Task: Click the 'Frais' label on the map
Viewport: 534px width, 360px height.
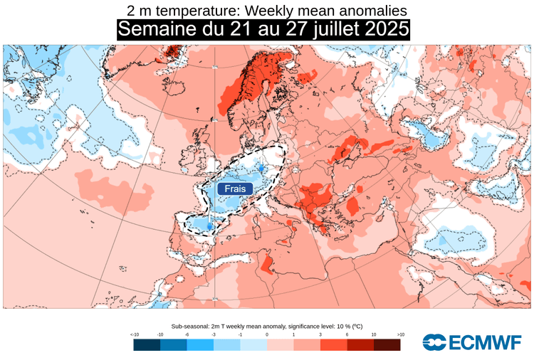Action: [x=234, y=189]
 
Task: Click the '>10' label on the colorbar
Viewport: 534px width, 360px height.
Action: [x=400, y=334]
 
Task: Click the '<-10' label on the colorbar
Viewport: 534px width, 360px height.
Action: [x=134, y=334]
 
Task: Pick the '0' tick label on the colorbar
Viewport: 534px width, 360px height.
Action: [x=267, y=334]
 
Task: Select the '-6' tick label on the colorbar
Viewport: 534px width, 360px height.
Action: [x=187, y=334]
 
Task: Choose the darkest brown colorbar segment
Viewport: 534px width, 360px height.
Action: [x=387, y=345]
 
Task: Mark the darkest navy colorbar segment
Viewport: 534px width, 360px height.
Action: [x=147, y=345]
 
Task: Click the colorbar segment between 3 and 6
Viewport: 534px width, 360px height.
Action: [x=333, y=345]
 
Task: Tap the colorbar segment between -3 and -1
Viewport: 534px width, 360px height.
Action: [x=226, y=345]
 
